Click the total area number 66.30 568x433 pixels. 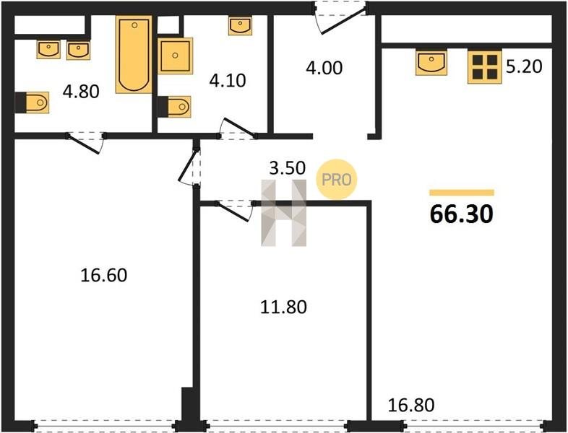[462, 214]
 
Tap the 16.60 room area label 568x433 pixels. [103, 275]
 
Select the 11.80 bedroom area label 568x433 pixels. [283, 307]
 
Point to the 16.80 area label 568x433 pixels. [411, 405]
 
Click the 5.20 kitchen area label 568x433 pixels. [524, 66]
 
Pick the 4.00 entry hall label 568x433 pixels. [324, 68]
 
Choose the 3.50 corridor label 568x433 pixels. [288, 168]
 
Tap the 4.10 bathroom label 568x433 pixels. [228, 80]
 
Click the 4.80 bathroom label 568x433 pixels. [81, 92]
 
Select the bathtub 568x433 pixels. [134, 54]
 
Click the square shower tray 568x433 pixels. [176, 56]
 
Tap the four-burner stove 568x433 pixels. [485, 67]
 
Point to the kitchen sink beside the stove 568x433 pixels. [431, 63]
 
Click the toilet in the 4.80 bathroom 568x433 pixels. [32, 102]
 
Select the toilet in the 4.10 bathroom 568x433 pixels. [174, 107]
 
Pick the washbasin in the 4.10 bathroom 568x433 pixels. [240, 26]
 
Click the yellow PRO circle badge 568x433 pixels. [337, 180]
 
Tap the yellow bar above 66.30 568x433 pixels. [462, 193]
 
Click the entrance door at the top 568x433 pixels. [340, 17]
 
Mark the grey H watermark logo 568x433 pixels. [284, 213]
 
